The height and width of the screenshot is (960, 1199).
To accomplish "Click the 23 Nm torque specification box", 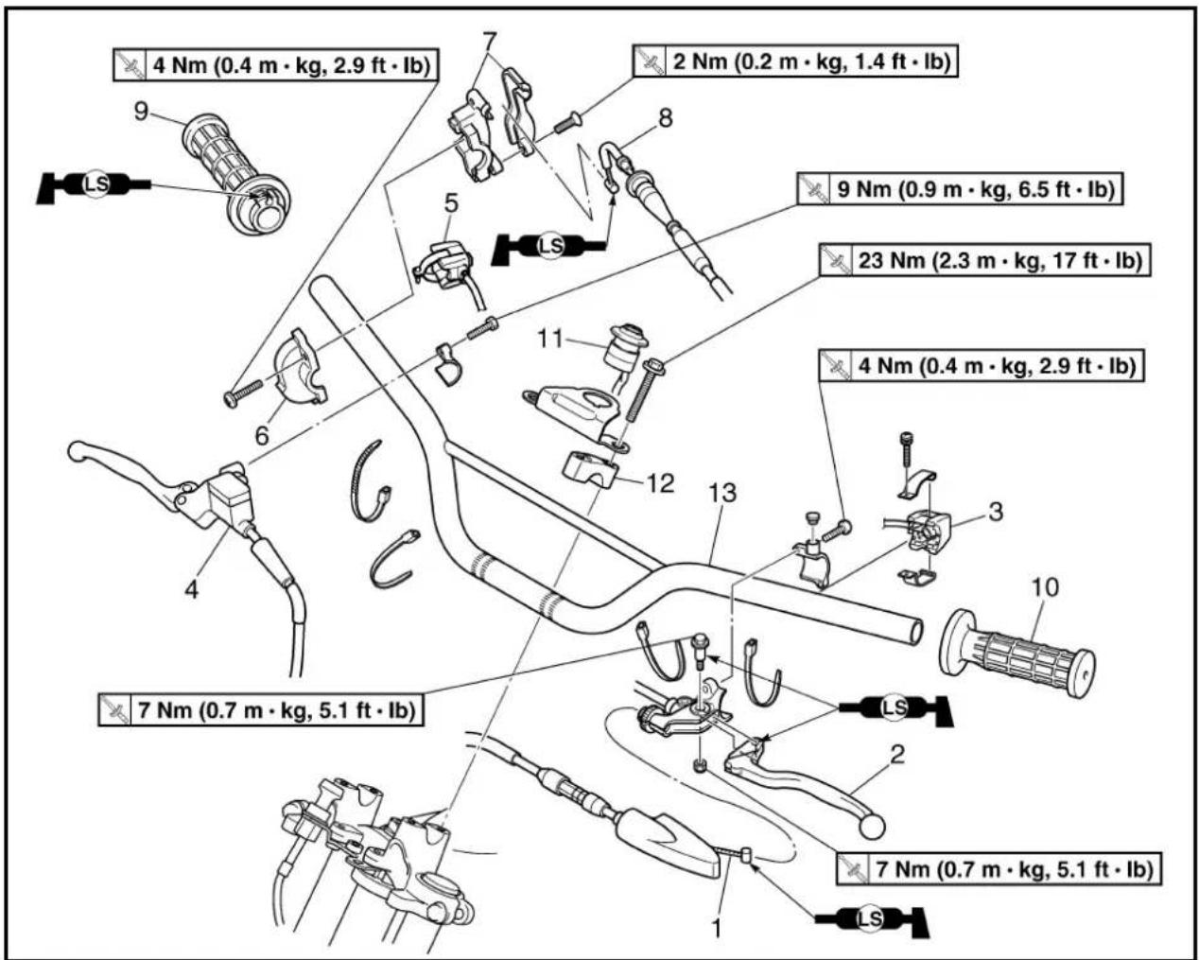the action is pyautogui.click(x=984, y=260).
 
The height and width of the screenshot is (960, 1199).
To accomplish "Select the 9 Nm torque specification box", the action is pyautogui.click(x=960, y=189).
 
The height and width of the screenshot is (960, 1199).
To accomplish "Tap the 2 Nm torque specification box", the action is pyautogui.click(x=795, y=61).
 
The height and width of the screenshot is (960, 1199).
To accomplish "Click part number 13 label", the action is pyautogui.click(x=722, y=493).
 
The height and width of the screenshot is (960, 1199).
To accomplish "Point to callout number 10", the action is pyautogui.click(x=1045, y=587).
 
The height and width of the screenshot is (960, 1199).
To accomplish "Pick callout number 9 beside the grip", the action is pyautogui.click(x=141, y=111).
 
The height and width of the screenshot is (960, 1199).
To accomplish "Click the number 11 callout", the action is pyautogui.click(x=550, y=339).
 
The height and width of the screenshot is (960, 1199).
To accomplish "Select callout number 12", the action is pyautogui.click(x=660, y=482).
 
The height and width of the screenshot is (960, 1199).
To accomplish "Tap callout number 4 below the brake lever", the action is pyautogui.click(x=191, y=589).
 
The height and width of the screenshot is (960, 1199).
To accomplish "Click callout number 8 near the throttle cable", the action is pyautogui.click(x=666, y=117).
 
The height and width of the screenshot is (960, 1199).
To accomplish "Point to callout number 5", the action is pyautogui.click(x=451, y=203).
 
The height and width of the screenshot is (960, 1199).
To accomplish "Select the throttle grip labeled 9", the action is pyautogui.click(x=236, y=173).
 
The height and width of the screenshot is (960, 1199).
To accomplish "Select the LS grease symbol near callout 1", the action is pyautogui.click(x=872, y=919).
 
